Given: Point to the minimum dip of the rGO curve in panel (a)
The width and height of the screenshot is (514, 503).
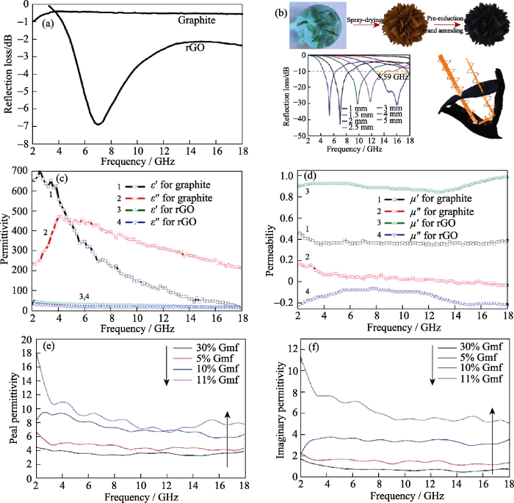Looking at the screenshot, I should click(98, 122).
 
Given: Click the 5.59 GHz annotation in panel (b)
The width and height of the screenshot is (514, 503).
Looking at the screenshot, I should click(394, 76).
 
